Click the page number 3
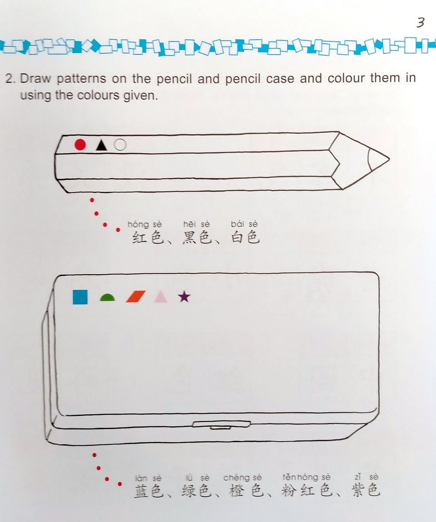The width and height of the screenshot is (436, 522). pyautogui.click(x=420, y=23)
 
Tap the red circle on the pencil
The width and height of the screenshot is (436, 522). pyautogui.click(x=80, y=144)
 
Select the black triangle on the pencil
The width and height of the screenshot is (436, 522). pyautogui.click(x=101, y=144)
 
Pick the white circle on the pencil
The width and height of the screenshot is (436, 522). pyautogui.click(x=121, y=144)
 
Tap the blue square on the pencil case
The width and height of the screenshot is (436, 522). pyautogui.click(x=80, y=297)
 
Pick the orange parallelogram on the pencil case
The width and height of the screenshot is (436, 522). pyautogui.click(x=136, y=297)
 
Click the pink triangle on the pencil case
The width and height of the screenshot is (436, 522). pyautogui.click(x=160, y=297)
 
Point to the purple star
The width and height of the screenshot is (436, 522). pyautogui.click(x=184, y=296)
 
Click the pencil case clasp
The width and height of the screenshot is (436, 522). pyautogui.click(x=221, y=425)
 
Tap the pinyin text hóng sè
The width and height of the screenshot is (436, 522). pyautogui.click(x=144, y=224)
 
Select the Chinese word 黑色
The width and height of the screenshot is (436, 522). pyautogui.click(x=196, y=238)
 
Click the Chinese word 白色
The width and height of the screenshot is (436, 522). pyautogui.click(x=245, y=238)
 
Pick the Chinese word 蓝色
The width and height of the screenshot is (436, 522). pyautogui.click(x=148, y=491)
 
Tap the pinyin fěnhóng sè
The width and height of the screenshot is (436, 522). pyautogui.click(x=307, y=478)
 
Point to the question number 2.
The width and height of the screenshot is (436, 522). pyautogui.click(x=9, y=79)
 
